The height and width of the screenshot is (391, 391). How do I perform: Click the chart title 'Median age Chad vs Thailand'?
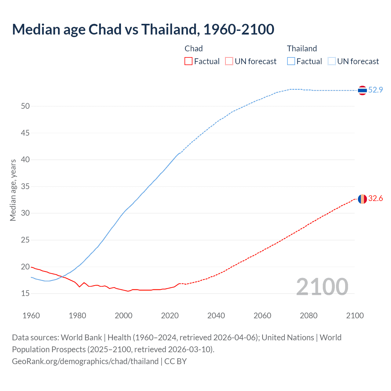143,29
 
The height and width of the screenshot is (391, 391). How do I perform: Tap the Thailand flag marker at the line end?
362,90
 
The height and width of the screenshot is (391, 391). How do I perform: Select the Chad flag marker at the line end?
362,199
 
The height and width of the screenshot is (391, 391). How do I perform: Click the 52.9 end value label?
375,90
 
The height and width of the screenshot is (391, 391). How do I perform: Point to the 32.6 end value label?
375,199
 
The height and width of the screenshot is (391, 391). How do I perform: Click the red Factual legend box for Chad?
188,61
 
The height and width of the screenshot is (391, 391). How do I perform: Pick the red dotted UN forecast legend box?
229,61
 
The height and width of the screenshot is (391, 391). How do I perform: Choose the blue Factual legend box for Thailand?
291,61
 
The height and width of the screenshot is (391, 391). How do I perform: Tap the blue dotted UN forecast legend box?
332,61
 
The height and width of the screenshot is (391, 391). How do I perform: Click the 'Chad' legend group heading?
194,49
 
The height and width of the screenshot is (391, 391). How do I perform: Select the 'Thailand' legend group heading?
302,49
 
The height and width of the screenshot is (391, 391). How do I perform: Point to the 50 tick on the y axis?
25,106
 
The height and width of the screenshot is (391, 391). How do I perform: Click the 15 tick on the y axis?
25,294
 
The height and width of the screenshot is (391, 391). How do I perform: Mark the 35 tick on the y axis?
25,186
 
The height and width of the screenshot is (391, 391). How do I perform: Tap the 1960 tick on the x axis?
31,316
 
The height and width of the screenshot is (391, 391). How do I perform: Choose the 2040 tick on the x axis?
216,316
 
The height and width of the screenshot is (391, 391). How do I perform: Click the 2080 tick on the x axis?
309,316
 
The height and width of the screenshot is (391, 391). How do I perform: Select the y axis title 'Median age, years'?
13,190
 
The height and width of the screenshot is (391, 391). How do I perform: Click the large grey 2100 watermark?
322,287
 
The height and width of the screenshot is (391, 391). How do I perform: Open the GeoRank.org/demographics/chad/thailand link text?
85,361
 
